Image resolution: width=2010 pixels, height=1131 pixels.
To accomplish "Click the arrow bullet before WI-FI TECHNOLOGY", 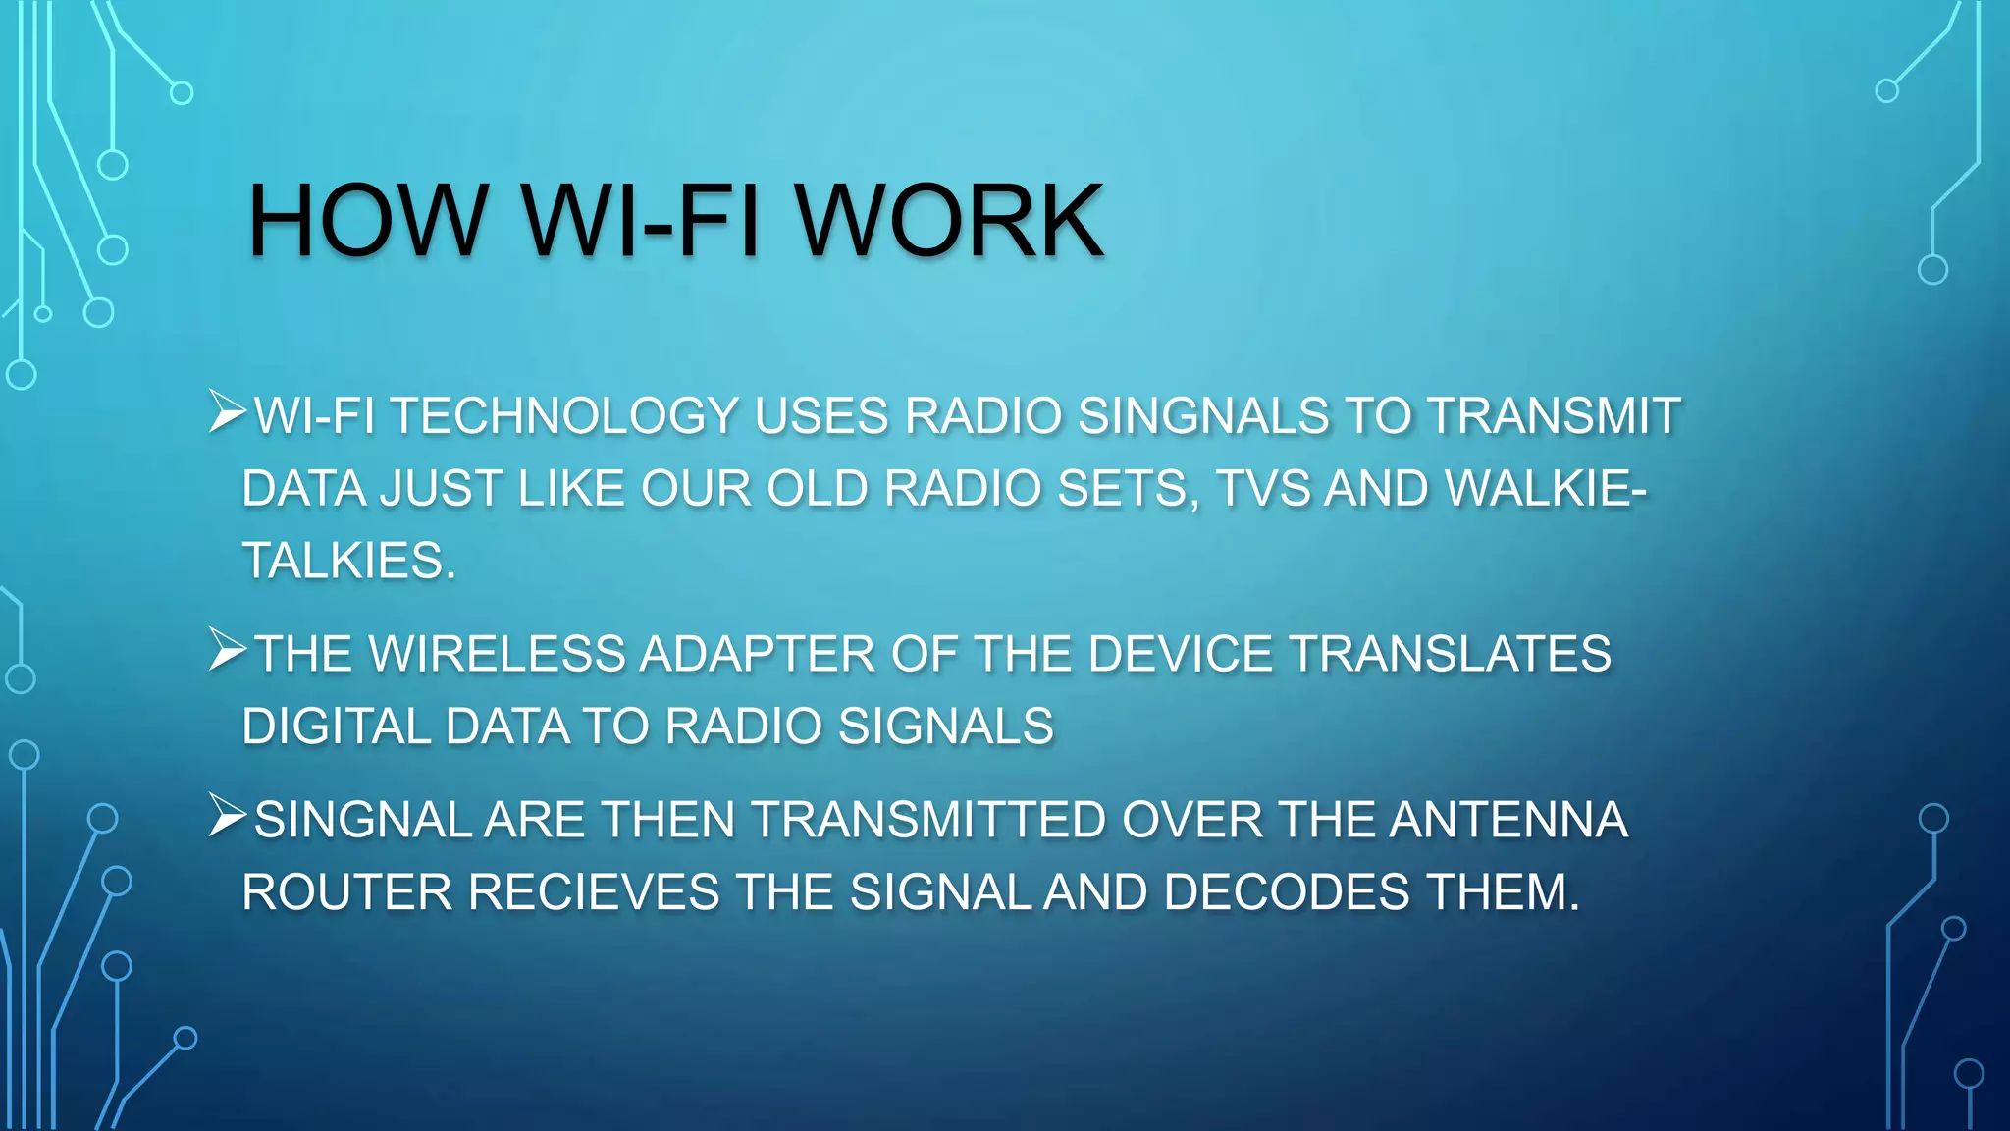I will coord(227,413).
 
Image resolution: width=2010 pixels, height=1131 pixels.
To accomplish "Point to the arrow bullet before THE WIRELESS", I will coord(227,652).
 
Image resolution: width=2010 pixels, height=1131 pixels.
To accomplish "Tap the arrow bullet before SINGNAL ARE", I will coord(227,818).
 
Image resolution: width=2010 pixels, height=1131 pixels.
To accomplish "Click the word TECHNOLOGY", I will coord(565,416).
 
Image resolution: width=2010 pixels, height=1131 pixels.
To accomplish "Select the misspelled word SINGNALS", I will coord(1203,416).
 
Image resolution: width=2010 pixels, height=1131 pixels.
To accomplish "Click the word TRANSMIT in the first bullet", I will coord(1554,416).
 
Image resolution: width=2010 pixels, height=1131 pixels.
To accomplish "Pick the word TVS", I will coord(1262,489).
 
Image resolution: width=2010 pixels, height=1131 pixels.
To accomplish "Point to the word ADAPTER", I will coord(757,655).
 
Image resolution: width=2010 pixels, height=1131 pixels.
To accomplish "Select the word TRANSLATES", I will coord(1450,655).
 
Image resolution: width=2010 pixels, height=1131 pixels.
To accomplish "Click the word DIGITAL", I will coord(337,727).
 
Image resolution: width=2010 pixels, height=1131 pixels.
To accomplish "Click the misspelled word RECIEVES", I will coord(594,893).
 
